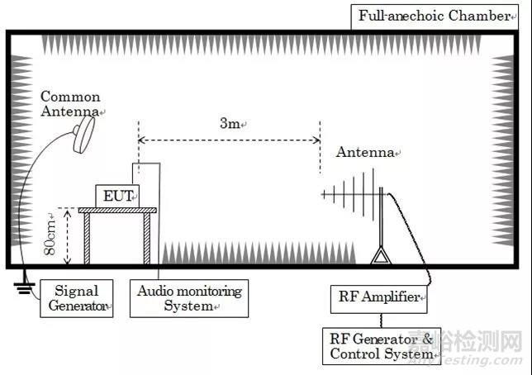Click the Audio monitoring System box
[189, 298]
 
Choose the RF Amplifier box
[379, 297]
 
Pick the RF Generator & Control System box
[381, 346]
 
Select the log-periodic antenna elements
[351, 196]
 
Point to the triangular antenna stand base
[380, 257]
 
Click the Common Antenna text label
[71, 103]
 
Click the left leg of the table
[88, 240]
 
